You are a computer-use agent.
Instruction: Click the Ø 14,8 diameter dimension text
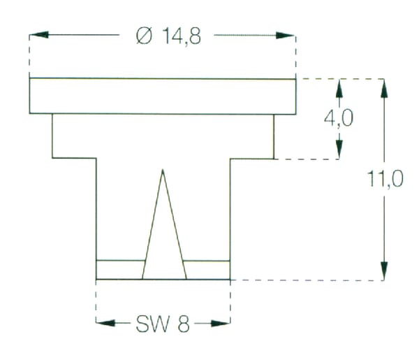click(x=168, y=36)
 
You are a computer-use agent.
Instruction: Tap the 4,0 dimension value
click(x=339, y=118)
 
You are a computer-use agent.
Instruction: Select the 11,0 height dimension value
click(x=385, y=179)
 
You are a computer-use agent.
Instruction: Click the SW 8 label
click(x=163, y=324)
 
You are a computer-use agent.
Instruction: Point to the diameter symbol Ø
click(x=144, y=36)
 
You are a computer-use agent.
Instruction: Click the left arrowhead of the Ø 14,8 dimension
click(x=39, y=35)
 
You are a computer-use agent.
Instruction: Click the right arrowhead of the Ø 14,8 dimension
click(x=286, y=36)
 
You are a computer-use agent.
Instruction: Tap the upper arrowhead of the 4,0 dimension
click(x=339, y=89)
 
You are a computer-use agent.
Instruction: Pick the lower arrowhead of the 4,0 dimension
click(x=339, y=149)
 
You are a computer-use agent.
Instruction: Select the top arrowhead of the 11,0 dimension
click(x=384, y=89)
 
